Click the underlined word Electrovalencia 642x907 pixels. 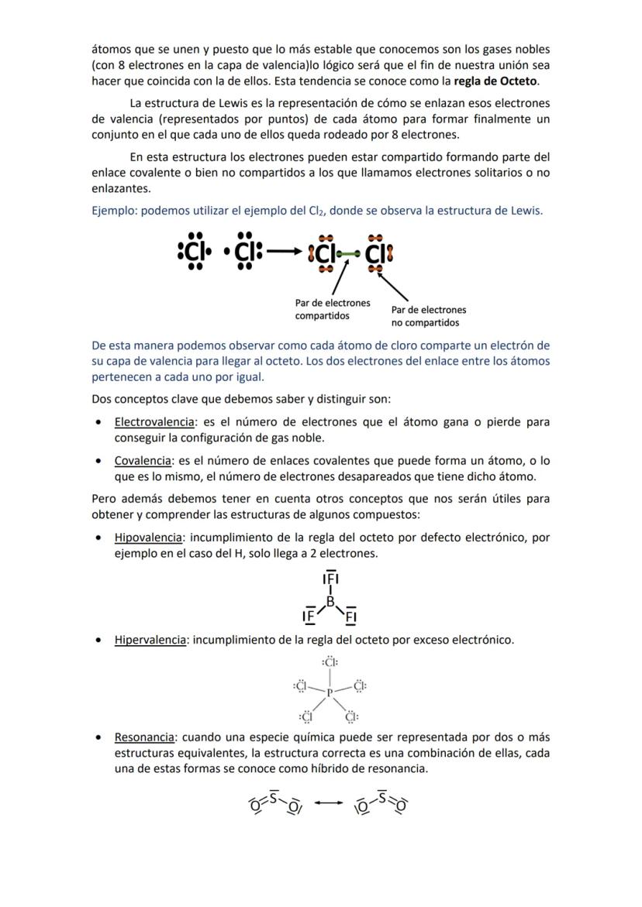(154, 422)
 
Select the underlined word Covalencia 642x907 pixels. (143, 461)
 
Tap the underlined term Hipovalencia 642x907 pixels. (149, 537)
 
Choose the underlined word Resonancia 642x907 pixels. (144, 737)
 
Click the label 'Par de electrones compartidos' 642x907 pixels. (333, 309)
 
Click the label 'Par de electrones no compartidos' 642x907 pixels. (429, 316)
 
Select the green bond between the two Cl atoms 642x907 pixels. (348, 253)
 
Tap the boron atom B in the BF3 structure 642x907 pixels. (330, 601)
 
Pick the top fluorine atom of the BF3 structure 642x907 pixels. (330, 578)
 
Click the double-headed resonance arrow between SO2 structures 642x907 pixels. (329, 802)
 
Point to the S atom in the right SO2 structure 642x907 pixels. (381, 796)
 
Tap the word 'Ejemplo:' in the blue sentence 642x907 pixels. (113, 210)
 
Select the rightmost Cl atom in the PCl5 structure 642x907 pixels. (360, 685)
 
